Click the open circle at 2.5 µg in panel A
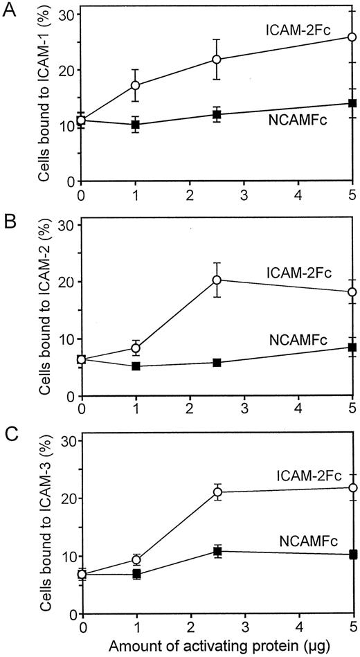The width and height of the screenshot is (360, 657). coord(217,60)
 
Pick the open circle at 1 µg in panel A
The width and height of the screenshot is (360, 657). coord(136,85)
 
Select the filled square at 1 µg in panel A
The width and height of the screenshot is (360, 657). coord(136,125)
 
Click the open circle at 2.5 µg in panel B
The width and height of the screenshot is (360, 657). coord(217,280)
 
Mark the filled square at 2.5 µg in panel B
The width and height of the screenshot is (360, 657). coord(217,363)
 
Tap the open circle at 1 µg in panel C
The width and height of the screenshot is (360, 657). coord(136,559)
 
